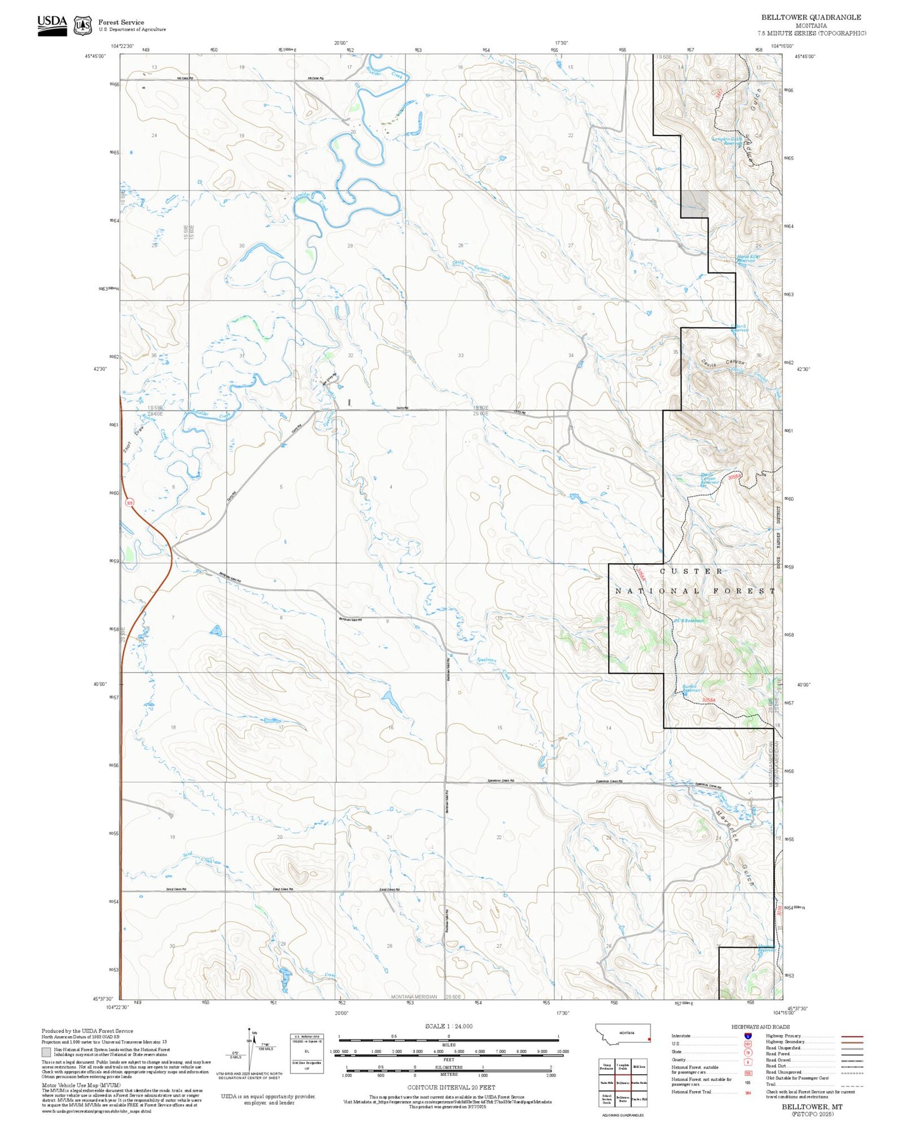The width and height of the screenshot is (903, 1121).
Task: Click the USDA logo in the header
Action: click(52, 24)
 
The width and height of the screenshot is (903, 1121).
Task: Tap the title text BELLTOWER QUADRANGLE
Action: click(811, 17)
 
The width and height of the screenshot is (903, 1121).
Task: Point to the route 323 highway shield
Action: click(129, 502)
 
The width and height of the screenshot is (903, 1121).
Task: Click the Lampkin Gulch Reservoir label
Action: click(727, 141)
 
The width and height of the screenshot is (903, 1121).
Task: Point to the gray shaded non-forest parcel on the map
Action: click(694, 204)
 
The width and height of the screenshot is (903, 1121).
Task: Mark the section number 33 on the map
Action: click(461, 356)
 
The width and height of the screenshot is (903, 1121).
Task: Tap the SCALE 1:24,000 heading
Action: click(448, 1026)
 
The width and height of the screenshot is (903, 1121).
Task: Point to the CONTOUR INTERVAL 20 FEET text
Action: click(448, 1088)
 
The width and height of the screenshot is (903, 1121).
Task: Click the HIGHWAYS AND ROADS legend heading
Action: click(760, 1027)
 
